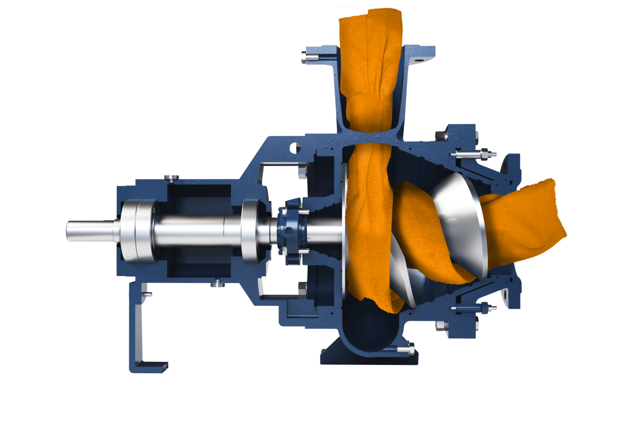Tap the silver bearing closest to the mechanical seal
252,231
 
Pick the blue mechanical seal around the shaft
290,231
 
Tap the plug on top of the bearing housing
172,178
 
